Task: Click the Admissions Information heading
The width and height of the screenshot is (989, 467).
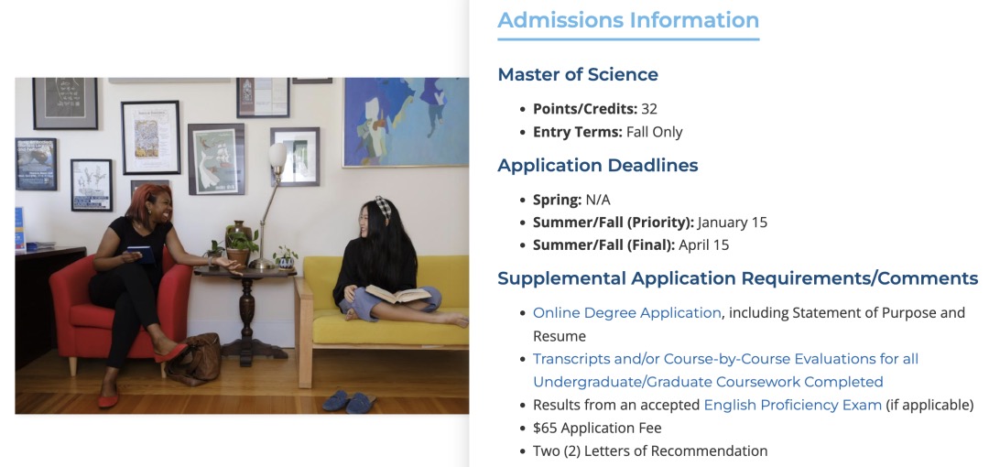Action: click(x=628, y=19)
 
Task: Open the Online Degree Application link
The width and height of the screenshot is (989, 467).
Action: click(x=627, y=312)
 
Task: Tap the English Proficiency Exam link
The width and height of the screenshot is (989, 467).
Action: click(x=793, y=405)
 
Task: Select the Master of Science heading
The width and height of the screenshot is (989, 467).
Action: click(x=578, y=74)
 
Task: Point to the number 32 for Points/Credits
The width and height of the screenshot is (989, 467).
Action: click(x=649, y=109)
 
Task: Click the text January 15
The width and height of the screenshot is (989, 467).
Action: click(x=733, y=223)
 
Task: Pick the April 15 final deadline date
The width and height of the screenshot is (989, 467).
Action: click(x=704, y=244)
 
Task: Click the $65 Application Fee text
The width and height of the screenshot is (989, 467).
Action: click(x=597, y=428)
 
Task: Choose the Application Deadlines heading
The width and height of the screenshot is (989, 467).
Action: click(x=598, y=166)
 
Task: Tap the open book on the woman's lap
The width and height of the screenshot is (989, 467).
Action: click(x=398, y=293)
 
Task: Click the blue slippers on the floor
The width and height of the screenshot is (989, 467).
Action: click(x=349, y=401)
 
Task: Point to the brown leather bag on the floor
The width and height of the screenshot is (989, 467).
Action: click(x=193, y=359)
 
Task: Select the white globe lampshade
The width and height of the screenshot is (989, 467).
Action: click(x=277, y=156)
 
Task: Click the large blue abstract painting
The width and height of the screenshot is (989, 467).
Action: click(x=406, y=123)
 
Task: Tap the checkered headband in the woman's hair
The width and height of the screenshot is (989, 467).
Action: click(x=383, y=206)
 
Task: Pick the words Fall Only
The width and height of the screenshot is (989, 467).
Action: click(x=654, y=132)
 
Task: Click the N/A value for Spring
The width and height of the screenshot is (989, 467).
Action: click(x=598, y=200)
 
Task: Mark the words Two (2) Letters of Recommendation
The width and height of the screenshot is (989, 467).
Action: click(x=650, y=451)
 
